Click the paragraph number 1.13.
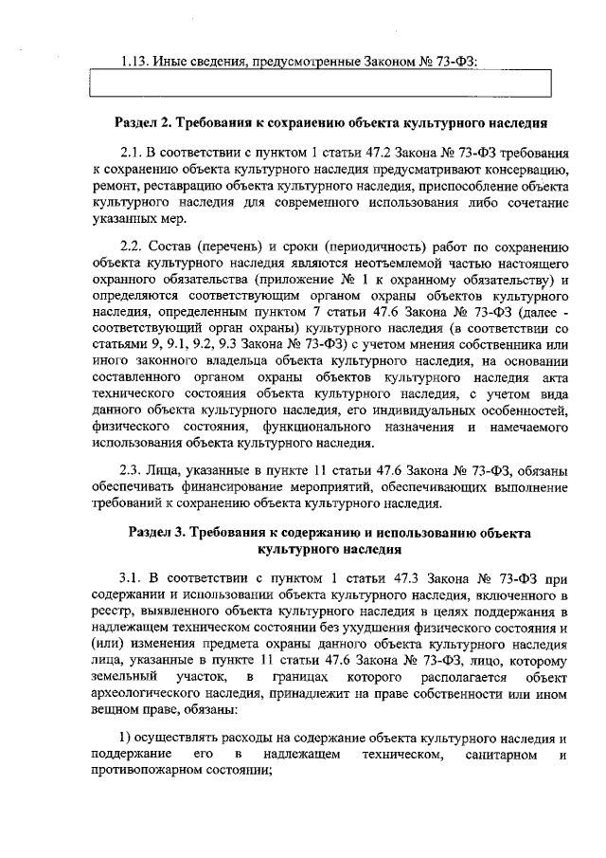click(x=135, y=63)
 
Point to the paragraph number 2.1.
click(x=132, y=153)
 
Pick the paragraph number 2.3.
click(x=132, y=468)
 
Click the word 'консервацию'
click(x=526, y=170)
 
